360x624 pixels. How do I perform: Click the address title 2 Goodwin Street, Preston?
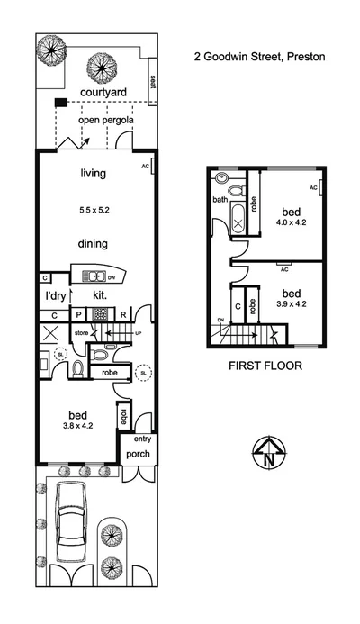260,55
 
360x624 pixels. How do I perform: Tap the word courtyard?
103,92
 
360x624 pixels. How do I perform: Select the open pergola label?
101,119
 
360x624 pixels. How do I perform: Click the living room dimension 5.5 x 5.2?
94,209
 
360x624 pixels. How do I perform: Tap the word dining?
94,243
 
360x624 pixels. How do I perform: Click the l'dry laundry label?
58,294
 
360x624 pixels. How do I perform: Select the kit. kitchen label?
101,294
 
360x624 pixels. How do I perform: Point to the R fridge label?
122,314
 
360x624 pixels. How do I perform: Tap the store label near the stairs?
81,333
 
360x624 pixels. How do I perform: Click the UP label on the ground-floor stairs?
138,333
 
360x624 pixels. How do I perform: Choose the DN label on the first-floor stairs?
221,319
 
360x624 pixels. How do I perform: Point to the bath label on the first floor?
220,200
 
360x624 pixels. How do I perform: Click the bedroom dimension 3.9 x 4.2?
291,303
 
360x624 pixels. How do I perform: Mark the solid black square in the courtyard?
59,103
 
